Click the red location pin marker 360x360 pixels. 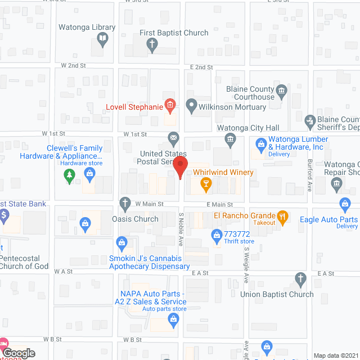click(x=179, y=167)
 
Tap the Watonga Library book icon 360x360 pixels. click(x=103, y=38)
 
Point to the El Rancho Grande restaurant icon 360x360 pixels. click(x=282, y=215)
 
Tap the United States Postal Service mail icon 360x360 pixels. click(x=174, y=137)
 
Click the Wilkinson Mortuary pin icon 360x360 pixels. click(x=191, y=105)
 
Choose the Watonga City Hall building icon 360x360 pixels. click(x=229, y=138)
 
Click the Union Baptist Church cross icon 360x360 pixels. click(x=300, y=278)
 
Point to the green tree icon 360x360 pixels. click(x=70, y=176)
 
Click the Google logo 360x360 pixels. click(x=19, y=353)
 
